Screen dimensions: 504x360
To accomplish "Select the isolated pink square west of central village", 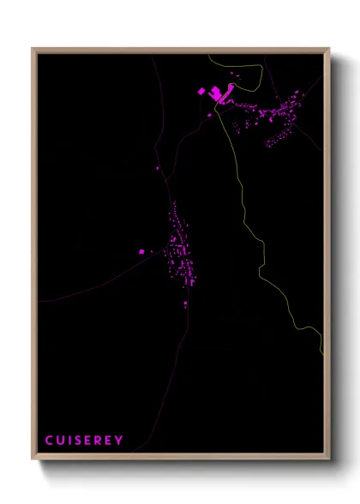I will tap(143, 252).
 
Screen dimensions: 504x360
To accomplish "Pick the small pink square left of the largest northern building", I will tap(201, 90).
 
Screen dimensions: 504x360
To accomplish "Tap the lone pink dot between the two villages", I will tap(158, 167).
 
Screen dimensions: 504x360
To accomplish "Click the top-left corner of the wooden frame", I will tap(33, 49).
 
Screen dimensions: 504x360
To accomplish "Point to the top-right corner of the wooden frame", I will tap(330, 49).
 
